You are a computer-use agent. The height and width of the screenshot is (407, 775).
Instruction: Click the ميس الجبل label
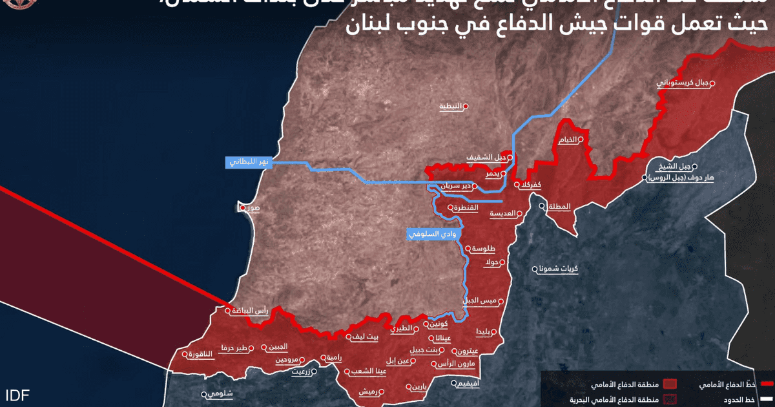[x=479, y=301]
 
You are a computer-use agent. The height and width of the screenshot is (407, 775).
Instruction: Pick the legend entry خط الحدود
[x=739, y=400]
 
